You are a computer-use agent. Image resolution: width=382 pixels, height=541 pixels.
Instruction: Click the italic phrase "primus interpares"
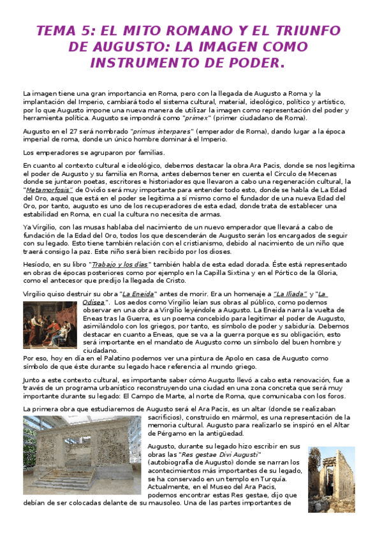150,131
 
